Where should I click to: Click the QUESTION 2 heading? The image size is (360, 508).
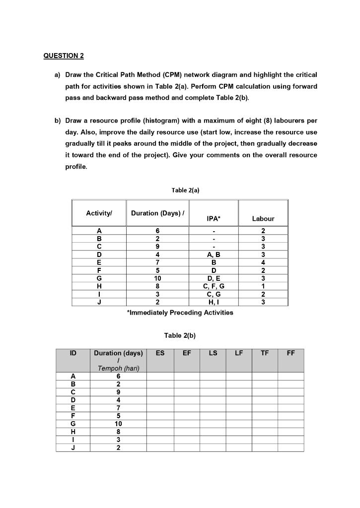point(64,56)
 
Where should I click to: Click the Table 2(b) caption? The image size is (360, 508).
point(180,335)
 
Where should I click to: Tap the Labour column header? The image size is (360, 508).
point(263,218)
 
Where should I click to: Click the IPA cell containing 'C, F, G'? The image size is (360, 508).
point(214,286)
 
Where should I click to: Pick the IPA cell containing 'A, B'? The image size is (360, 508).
point(214,254)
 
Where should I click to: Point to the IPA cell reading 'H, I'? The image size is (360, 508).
point(214,302)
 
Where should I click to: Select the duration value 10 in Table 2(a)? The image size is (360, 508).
point(157,278)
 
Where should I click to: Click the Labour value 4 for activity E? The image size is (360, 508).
point(263,262)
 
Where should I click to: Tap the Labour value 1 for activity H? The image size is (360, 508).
point(263,286)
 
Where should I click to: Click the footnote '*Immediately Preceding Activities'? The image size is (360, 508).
point(180,313)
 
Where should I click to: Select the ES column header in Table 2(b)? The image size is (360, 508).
point(160,353)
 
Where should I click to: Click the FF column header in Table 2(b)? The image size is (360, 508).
point(290,353)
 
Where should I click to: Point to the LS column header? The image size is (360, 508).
point(213,353)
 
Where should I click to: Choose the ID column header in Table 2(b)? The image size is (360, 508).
point(73,353)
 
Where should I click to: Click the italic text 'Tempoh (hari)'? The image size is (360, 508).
point(118,368)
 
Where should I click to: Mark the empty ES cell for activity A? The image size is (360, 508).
point(160,376)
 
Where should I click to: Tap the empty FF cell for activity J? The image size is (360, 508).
point(290,447)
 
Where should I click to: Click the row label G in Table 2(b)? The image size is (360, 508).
point(73,424)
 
